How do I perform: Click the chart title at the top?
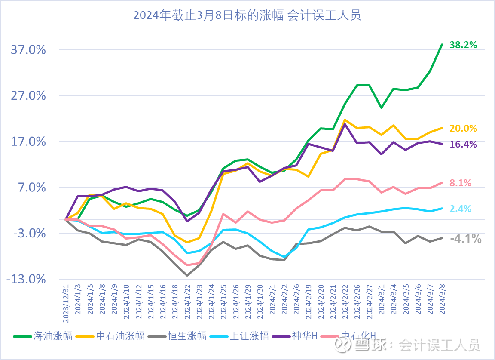(x=247, y=16)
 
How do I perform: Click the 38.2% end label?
(x=463, y=45)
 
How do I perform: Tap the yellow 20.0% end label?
(x=463, y=128)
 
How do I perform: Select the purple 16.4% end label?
(x=463, y=145)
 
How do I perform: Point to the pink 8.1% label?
(x=460, y=183)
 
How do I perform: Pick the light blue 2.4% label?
(x=460, y=209)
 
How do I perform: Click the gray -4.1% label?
(x=465, y=239)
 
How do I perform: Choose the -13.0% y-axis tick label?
(x=26, y=280)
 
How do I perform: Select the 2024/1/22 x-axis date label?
(x=187, y=301)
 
